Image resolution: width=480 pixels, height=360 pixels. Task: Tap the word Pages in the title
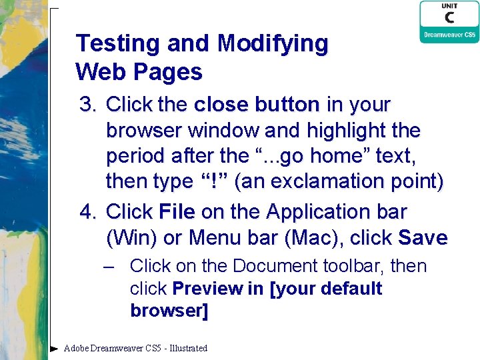click(x=172, y=71)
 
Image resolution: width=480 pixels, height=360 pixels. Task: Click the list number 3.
click(x=88, y=105)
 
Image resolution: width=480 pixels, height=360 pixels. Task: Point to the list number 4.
click(x=88, y=212)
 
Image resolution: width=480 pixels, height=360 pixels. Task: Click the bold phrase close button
click(x=257, y=105)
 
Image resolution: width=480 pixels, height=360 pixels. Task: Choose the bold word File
click(x=177, y=212)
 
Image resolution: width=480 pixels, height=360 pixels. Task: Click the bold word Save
click(x=423, y=237)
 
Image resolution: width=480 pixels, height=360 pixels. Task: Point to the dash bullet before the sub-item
click(x=109, y=266)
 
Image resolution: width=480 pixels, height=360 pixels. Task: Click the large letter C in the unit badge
click(x=449, y=17)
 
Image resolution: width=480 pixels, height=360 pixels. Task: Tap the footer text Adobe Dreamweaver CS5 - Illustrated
click(x=135, y=348)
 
